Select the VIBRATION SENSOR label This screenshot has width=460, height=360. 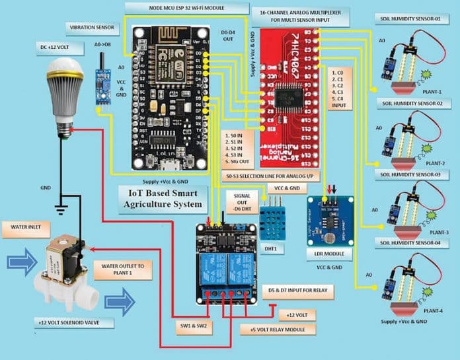point(92,28)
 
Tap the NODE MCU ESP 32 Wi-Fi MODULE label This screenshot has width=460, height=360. point(187,7)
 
